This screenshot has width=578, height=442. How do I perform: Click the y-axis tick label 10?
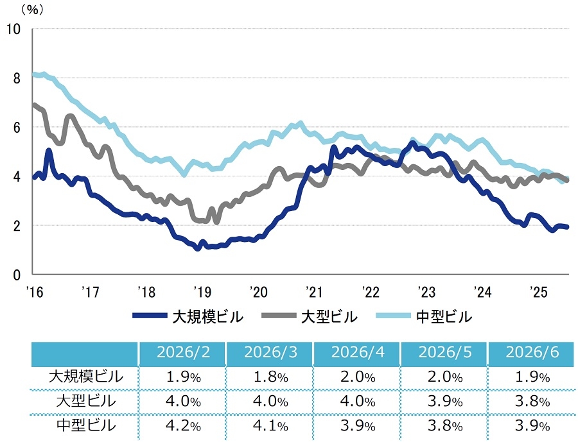point(14,29)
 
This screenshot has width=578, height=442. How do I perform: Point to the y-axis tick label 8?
point(17,78)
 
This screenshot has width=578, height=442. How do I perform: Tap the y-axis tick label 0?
point(17,275)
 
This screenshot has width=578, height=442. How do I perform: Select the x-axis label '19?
point(202,292)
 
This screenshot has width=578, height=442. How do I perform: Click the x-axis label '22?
point(371,292)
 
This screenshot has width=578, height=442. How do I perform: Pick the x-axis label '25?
point(539,292)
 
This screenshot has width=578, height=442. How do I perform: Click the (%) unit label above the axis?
point(32,10)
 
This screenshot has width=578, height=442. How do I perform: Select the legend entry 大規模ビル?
point(188,317)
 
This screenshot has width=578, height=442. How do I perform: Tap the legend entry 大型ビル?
point(310,317)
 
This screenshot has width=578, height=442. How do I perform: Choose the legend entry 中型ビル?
point(425,317)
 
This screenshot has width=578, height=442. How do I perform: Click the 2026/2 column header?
point(183,352)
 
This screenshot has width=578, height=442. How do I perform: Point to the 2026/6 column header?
point(532,352)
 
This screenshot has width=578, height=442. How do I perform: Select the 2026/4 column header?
point(358,352)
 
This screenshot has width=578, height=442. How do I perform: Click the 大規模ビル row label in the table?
point(86,377)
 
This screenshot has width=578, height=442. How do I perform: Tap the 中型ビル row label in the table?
point(86,425)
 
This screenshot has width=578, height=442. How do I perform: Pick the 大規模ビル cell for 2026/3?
point(270,377)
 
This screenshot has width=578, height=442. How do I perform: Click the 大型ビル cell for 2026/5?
point(445,402)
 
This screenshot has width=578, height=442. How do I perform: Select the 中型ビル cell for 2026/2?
point(183,426)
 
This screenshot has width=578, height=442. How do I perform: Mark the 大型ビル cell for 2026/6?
point(532,402)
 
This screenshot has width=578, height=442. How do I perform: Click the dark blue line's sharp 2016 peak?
point(49,150)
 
